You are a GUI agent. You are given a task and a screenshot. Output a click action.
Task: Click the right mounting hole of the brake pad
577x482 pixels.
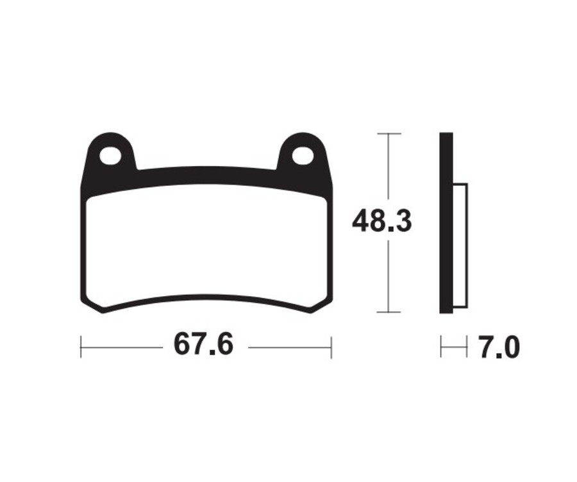tap(303, 155)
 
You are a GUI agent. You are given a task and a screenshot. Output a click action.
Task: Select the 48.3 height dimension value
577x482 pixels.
tap(381, 222)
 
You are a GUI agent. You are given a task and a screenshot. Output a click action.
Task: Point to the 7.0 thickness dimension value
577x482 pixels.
tap(498, 347)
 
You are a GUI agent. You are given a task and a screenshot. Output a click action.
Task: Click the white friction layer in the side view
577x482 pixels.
tap(460, 244)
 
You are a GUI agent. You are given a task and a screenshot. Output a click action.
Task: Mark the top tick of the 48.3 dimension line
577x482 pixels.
tap(389, 133)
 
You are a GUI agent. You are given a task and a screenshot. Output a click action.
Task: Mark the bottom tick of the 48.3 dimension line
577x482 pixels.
tap(389, 312)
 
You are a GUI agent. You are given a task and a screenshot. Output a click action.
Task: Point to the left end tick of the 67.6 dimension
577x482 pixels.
tap(81, 347)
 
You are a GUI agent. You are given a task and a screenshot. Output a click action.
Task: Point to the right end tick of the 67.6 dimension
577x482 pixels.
tap(331, 347)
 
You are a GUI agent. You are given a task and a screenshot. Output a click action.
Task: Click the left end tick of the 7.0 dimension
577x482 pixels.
tap(441, 347)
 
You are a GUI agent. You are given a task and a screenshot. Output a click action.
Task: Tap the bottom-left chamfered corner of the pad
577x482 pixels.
tap(92, 307)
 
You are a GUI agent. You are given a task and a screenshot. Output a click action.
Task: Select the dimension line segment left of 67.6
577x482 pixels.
tap(122, 347)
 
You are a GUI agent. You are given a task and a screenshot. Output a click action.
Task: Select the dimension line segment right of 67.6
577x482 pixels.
tap(288, 347)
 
